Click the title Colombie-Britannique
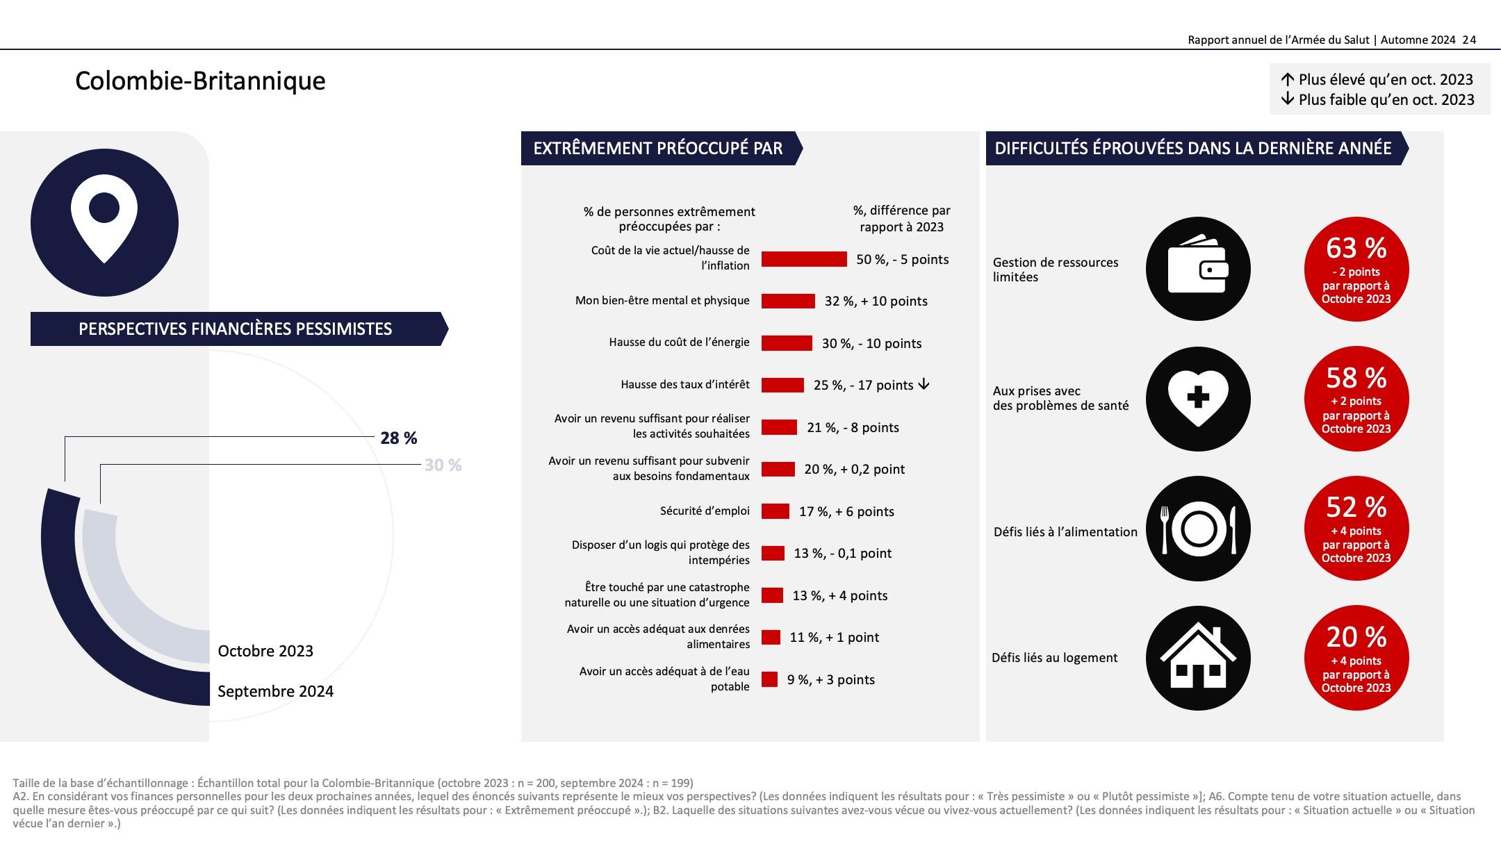click(x=200, y=81)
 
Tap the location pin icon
click(x=104, y=222)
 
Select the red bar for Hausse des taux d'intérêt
click(x=782, y=385)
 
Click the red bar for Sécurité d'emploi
click(x=776, y=511)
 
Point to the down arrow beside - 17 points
click(x=924, y=384)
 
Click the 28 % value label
click(x=398, y=438)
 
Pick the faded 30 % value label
click(x=443, y=465)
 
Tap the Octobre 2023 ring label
click(x=265, y=651)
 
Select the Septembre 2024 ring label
click(x=275, y=691)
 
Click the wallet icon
click(x=1198, y=269)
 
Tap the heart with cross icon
click(x=1198, y=399)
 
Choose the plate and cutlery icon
click(x=1198, y=529)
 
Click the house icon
click(x=1198, y=658)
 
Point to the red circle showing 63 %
click(x=1356, y=269)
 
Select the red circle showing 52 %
click(x=1356, y=529)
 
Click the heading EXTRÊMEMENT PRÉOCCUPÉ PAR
click(x=658, y=149)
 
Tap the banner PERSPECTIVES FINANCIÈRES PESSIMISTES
click(x=236, y=329)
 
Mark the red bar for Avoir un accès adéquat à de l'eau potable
click(x=769, y=679)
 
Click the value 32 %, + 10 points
click(x=876, y=301)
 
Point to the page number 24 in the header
click(x=1469, y=40)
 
